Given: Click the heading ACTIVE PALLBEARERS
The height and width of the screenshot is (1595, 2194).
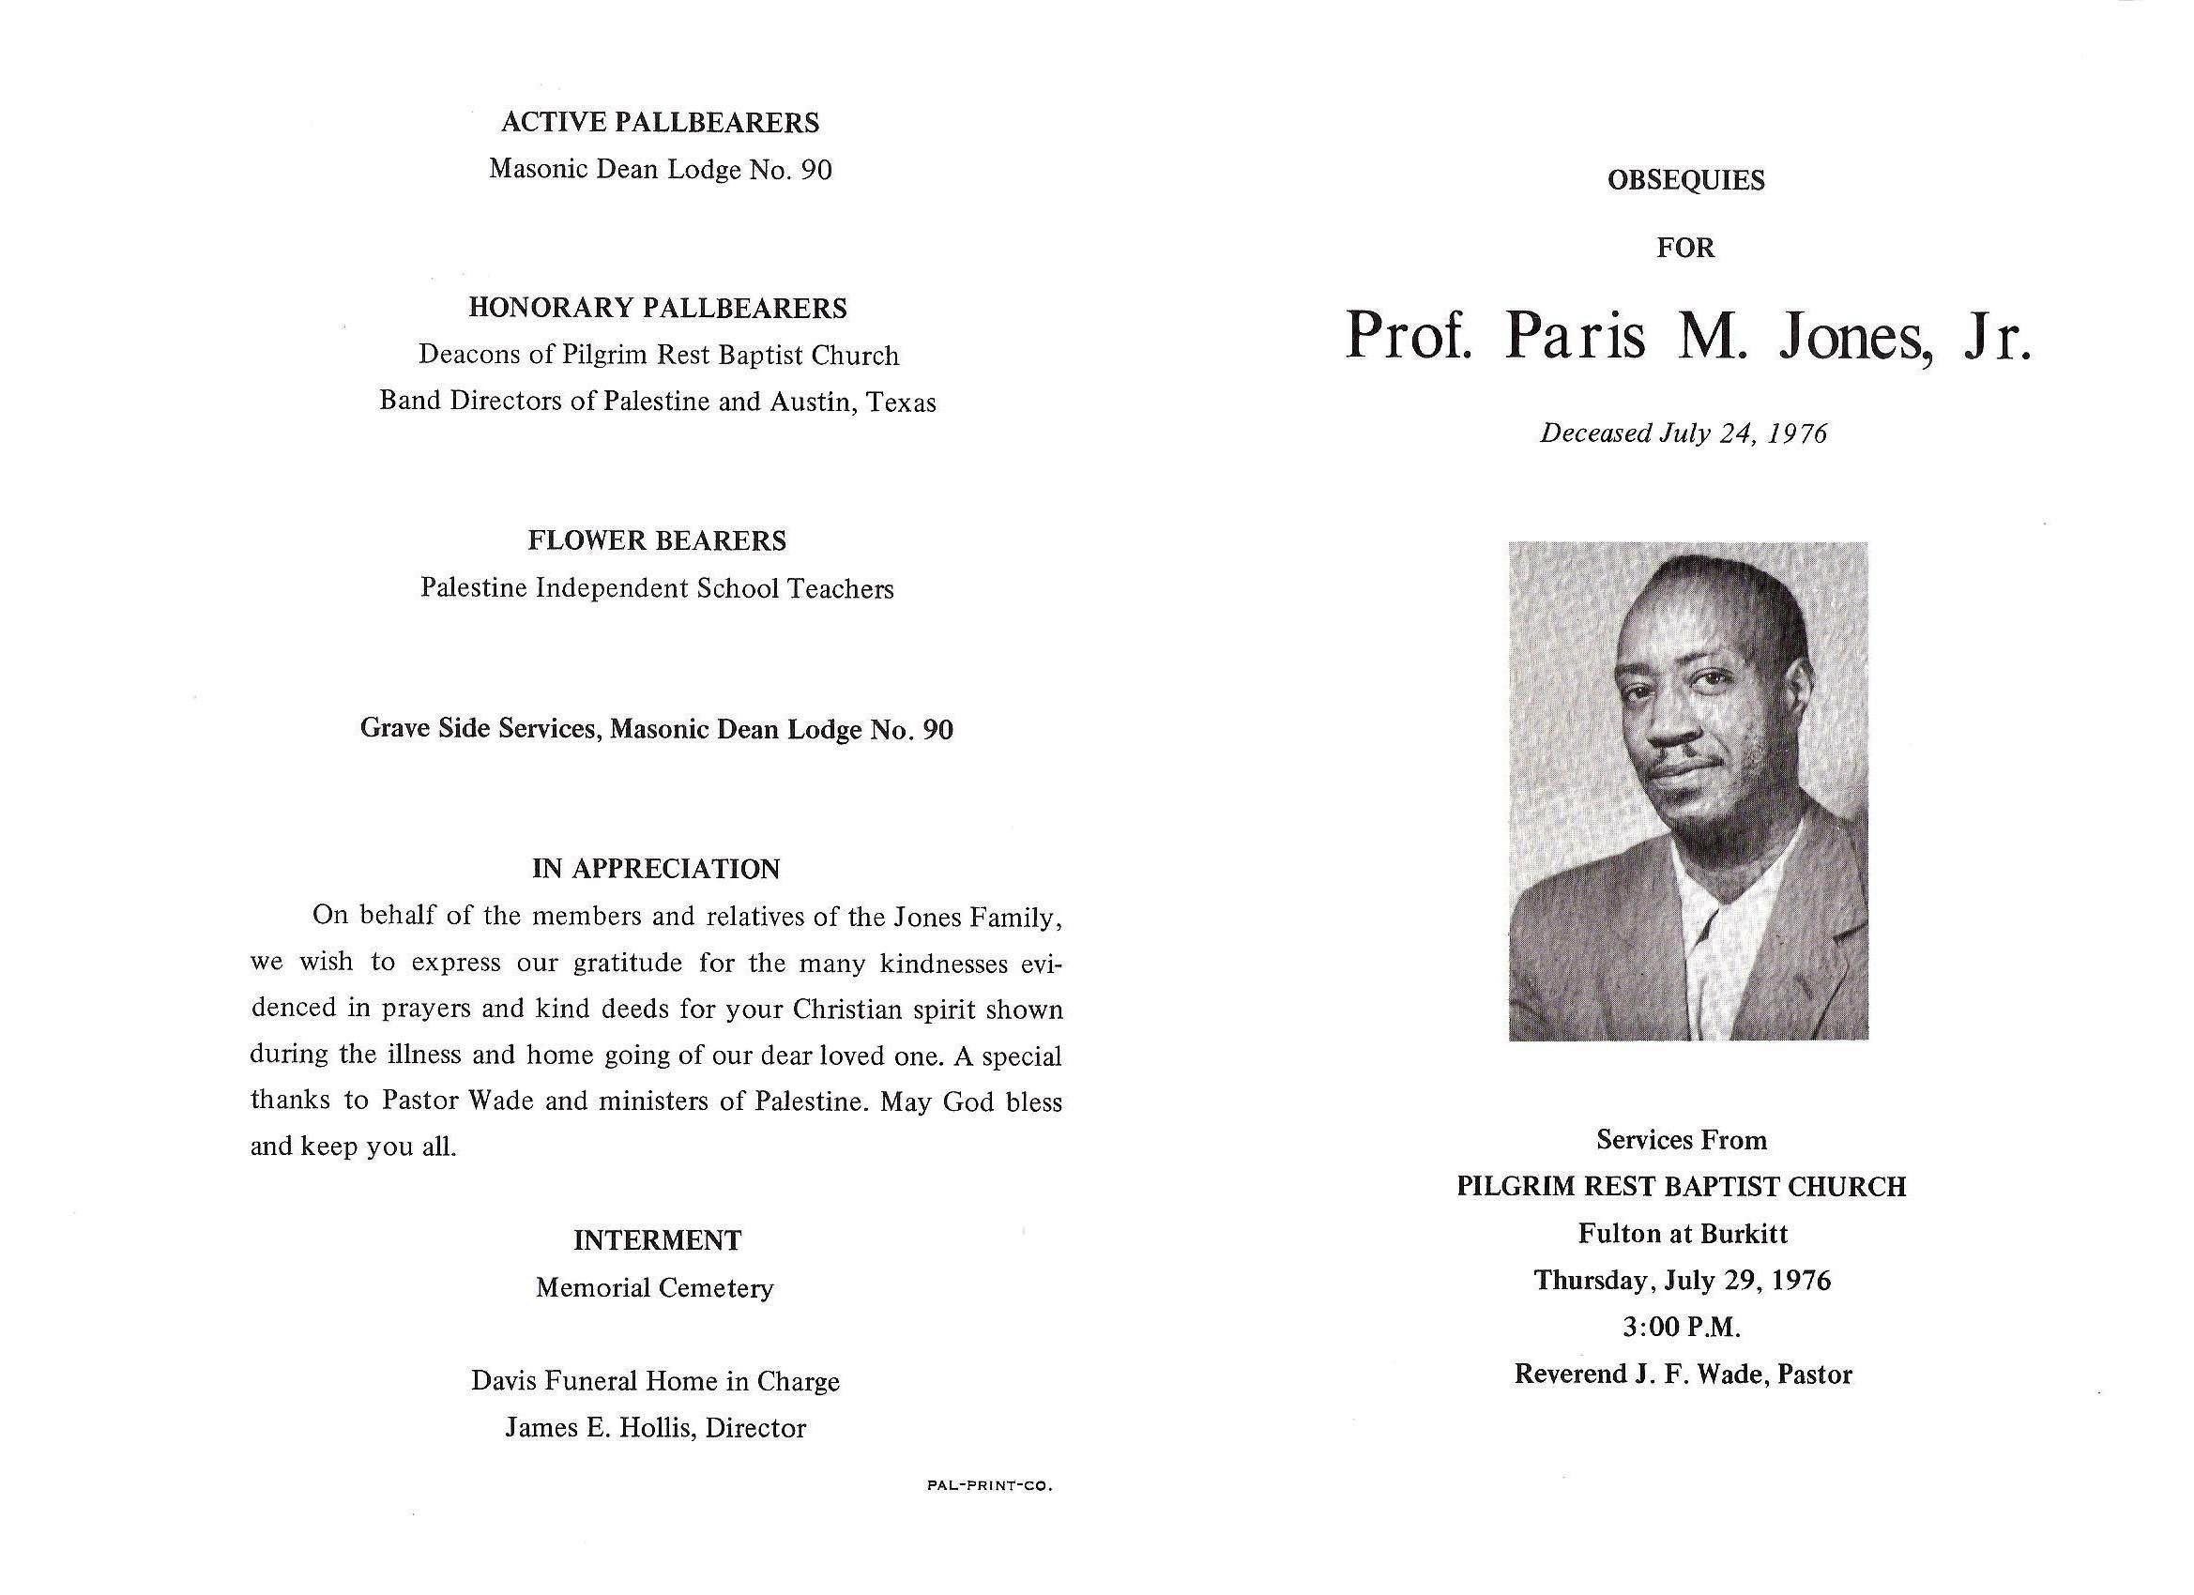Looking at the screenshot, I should [x=660, y=123].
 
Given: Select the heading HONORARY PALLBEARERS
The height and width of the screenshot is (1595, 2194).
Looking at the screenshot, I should [x=658, y=309].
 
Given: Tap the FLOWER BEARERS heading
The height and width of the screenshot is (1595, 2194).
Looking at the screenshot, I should [x=657, y=540].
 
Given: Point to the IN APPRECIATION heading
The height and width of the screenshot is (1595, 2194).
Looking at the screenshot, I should [x=656, y=869].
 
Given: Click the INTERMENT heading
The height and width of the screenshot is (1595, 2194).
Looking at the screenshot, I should [x=657, y=1240].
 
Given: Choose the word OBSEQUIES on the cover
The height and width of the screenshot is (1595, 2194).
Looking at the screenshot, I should [x=1685, y=181].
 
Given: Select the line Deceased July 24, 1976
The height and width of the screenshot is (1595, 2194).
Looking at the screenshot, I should [x=1684, y=433].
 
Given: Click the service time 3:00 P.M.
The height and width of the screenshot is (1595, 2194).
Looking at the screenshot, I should [x=1683, y=1327].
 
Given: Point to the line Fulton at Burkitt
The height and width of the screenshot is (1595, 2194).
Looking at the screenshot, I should [x=1683, y=1233].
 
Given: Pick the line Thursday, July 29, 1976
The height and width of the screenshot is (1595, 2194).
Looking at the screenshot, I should [x=1683, y=1281].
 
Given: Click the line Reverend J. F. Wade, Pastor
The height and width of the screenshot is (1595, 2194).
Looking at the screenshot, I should [x=1683, y=1375].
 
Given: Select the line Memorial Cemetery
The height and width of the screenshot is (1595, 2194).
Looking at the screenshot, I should [x=655, y=1288].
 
